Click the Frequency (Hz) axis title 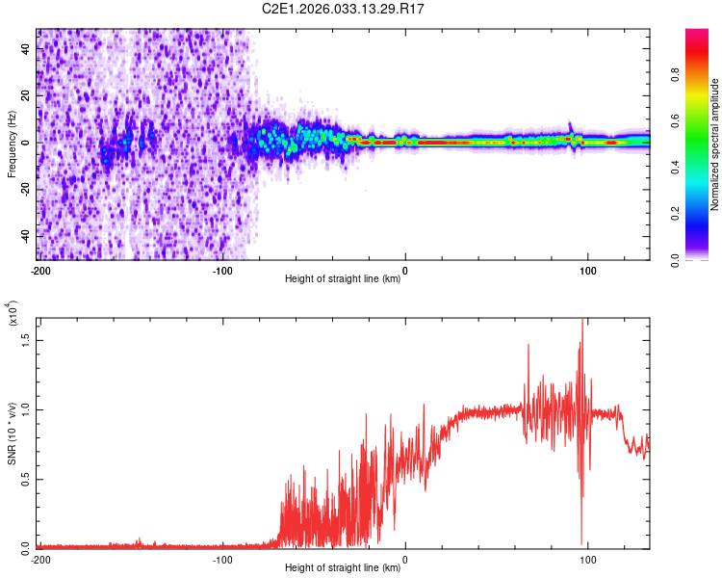point(12,144)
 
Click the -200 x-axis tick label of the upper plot point(40,271)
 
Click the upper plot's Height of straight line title point(344,280)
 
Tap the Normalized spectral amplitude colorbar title point(715,144)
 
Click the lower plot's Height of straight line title point(344,569)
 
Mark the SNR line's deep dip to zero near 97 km point(581,542)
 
